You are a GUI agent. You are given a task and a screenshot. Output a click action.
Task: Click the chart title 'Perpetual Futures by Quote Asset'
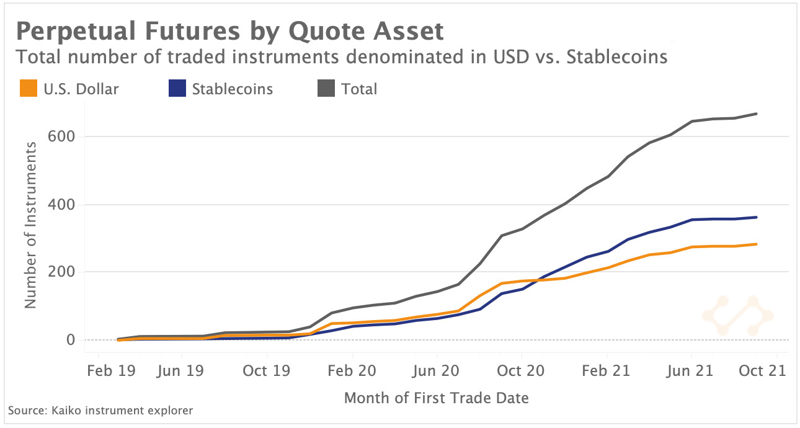pos(229,31)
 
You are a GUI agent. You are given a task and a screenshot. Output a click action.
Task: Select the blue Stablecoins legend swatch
pos(177,89)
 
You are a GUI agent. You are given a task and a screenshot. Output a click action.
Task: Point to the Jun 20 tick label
pos(437,371)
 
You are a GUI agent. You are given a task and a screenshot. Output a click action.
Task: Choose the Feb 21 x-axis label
pos(607,371)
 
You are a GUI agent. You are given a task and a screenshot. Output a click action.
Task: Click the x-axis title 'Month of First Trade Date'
pos(437,398)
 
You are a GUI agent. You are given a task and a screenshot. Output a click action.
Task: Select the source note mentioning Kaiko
pos(100,411)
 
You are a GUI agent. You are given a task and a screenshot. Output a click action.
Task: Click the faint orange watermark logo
pos(737,316)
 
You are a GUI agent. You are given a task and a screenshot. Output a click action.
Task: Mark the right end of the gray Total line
pos(774,114)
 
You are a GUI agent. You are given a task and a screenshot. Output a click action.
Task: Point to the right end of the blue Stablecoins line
pos(774,217)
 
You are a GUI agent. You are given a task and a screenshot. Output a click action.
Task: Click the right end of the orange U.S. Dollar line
pos(774,244)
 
